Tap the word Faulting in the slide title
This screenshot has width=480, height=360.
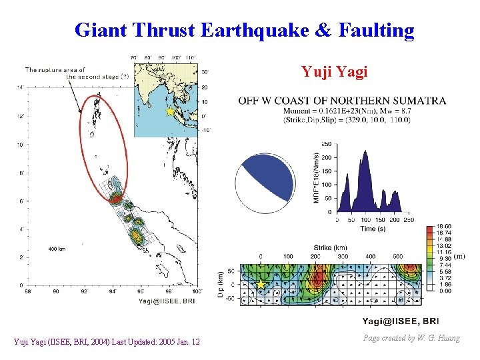pos(376,30)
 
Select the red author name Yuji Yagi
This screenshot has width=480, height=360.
pos(334,71)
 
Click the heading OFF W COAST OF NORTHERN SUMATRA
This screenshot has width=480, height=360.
pos(342,101)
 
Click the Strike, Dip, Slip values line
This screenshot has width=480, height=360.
pos(346,120)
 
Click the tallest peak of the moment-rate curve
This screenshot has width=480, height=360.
pos(364,155)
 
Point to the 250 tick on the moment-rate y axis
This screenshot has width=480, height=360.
pos(327,143)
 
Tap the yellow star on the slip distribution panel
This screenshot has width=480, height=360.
pos(261,285)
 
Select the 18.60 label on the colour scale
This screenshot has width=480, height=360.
pos(443,227)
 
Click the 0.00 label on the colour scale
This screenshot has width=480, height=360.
pos(443,291)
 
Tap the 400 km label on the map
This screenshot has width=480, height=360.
pos(57,248)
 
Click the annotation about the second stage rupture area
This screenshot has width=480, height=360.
pos(73,73)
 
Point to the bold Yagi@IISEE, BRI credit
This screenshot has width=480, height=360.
pos(400,321)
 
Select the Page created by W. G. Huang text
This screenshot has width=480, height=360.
pos(411,338)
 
